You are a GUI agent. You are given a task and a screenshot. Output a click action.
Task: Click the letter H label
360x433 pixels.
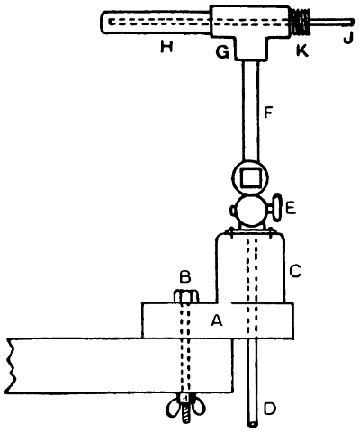166,47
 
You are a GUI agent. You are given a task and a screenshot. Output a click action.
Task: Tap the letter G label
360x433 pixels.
222,53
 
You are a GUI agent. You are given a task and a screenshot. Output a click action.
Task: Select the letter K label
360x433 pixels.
301,51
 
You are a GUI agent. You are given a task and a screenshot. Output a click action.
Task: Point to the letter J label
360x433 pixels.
347,39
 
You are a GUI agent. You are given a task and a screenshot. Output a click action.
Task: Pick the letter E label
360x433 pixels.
291,209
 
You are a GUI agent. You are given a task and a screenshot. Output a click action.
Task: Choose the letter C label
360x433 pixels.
295,272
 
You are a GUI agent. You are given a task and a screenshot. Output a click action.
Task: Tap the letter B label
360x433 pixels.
185,277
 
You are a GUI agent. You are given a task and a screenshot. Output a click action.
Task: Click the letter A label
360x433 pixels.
217,320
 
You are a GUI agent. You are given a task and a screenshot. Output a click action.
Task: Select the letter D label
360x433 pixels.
269,410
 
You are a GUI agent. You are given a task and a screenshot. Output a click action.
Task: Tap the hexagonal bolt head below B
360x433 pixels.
186,296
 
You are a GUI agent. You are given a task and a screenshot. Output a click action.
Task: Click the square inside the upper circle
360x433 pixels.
251,177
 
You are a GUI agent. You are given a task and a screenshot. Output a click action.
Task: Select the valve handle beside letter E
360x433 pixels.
276,208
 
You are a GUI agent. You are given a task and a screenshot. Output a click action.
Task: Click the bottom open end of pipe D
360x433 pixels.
253,424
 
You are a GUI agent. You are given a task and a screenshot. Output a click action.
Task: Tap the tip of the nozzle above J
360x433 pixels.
352,23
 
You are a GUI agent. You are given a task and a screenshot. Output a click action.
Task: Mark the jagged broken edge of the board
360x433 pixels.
10,365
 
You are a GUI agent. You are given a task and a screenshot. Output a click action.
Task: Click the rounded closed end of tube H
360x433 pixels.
104,22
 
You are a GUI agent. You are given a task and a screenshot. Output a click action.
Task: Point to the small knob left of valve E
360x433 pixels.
233,211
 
